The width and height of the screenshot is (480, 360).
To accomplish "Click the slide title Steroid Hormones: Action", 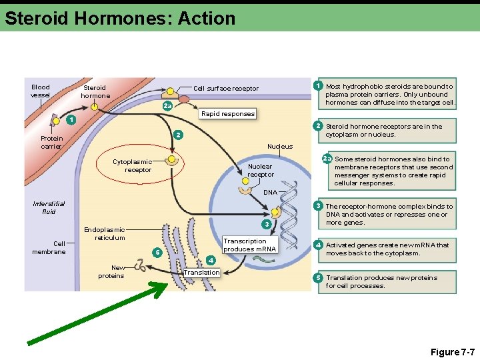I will (120, 18).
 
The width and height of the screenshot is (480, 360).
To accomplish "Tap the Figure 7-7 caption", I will (452, 351).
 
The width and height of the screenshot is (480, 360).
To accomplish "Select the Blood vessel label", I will (41, 91).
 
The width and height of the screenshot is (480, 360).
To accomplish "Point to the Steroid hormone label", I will (95, 91).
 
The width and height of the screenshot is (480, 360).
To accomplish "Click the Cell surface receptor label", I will (225, 88).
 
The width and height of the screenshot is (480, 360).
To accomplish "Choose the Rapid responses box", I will (228, 114).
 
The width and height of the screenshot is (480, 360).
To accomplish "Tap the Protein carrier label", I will (51, 143).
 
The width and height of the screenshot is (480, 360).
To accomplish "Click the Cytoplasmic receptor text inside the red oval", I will (132, 165).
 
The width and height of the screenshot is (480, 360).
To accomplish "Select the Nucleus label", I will (279, 147).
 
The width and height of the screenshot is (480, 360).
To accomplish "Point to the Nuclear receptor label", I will (261, 170).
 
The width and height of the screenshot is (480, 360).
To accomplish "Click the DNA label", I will (269, 193).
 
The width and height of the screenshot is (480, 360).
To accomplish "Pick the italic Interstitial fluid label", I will (49, 207).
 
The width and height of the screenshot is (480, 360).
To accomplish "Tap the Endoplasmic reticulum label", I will (104, 233).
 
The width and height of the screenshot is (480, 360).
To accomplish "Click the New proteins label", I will (111, 271).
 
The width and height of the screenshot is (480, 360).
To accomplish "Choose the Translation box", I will (201, 273).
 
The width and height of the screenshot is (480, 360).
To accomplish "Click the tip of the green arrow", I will (167, 284).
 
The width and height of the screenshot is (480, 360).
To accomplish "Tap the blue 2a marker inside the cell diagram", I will (167, 106).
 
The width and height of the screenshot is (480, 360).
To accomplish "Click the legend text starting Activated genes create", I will (387, 249).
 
